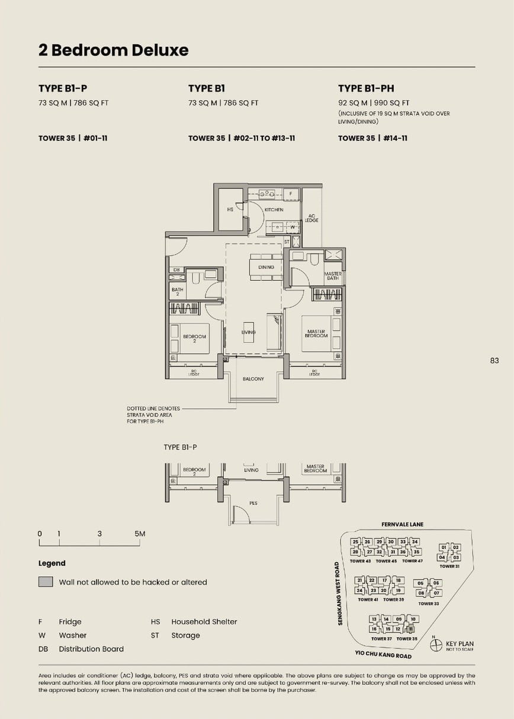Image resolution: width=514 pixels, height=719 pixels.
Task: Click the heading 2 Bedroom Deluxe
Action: click(113, 50)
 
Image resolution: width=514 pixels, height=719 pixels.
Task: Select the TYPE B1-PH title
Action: click(366, 88)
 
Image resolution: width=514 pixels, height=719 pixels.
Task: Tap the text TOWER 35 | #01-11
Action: click(73, 138)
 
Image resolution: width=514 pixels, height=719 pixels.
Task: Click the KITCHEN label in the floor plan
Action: click(274, 210)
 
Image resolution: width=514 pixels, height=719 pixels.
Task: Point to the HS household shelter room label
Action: click(230, 210)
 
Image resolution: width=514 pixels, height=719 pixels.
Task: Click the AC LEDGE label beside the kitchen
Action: click(311, 218)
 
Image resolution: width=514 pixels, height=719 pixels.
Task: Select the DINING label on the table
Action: click(266, 267)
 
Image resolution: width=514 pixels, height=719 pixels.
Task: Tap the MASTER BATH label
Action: click(333, 276)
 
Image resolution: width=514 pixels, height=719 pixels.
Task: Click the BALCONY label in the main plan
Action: click(253, 378)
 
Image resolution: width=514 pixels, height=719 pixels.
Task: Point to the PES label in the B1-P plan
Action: click(253, 503)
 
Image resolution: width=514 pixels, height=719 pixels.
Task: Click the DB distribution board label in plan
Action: click(176, 269)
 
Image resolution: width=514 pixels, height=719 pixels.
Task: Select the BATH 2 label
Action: click(177, 291)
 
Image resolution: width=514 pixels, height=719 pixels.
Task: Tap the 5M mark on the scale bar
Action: click(140, 534)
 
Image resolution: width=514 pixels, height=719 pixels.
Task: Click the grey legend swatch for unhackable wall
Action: click(46, 582)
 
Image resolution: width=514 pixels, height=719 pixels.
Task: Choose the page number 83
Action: click(494, 360)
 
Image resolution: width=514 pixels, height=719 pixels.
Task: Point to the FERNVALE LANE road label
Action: click(403, 525)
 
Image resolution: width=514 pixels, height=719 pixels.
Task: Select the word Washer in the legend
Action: click(72, 635)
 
